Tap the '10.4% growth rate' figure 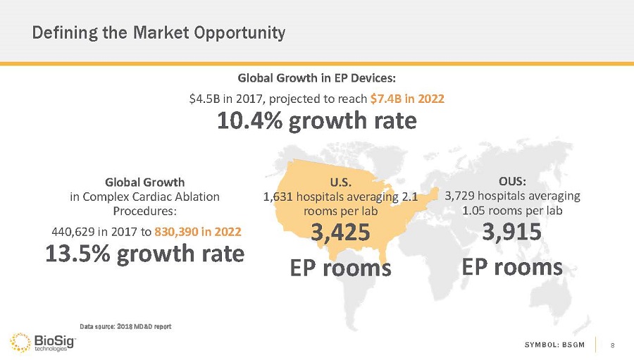pos(316,122)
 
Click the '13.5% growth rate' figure pos(145,254)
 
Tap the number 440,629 pos(73,230)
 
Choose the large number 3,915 pos(512,230)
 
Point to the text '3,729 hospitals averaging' pos(512,195)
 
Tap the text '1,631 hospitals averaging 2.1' pos(341,198)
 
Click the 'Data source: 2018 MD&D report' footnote pos(125,326)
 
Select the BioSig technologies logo pos(42,341)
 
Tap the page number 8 pos(613,345)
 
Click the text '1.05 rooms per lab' pos(512,210)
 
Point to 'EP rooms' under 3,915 pos(512,267)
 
